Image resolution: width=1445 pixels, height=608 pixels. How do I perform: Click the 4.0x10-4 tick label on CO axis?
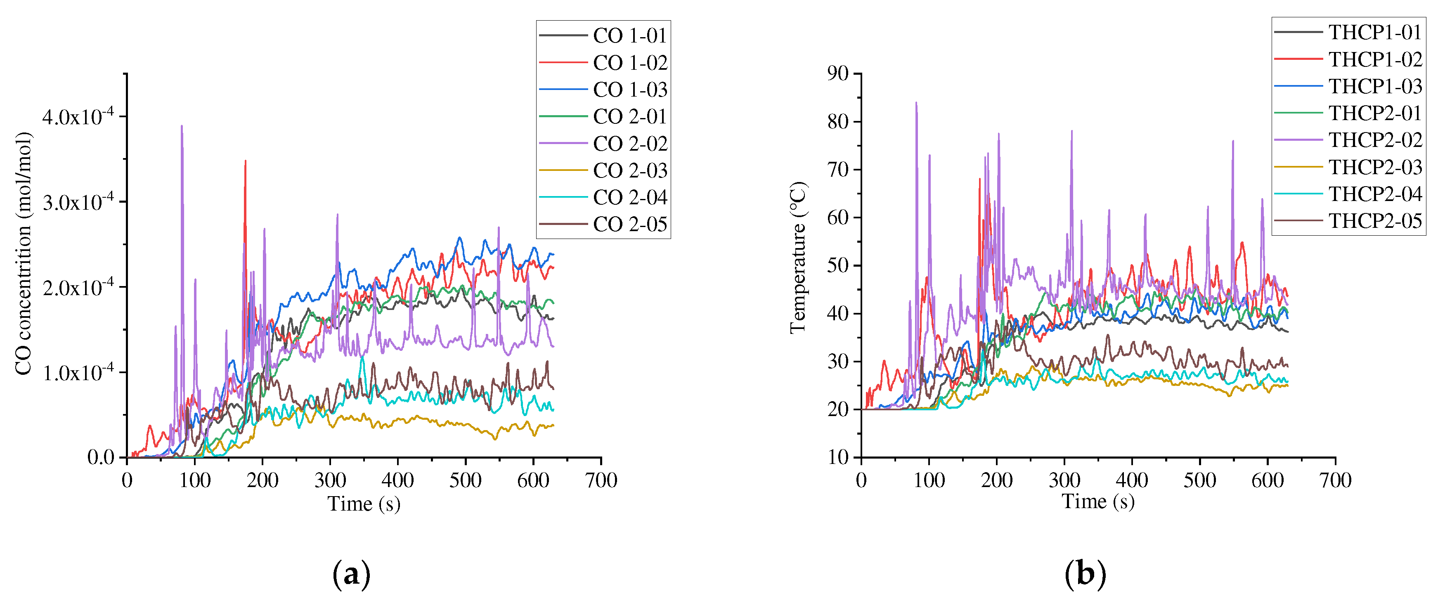pyautogui.click(x=78, y=117)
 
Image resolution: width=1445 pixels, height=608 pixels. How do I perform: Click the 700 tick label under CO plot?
pyautogui.click(x=601, y=481)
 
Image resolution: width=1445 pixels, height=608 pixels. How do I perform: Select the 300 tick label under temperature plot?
pyautogui.click(x=1064, y=481)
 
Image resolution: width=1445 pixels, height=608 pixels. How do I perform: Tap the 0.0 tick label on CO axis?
pyautogui.click(x=101, y=458)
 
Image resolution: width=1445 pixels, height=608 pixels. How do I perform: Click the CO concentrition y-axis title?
pyautogui.click(x=24, y=253)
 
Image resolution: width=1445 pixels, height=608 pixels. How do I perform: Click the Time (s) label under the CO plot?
pyautogui.click(x=364, y=504)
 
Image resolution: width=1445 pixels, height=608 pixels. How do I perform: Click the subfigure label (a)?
pyautogui.click(x=351, y=574)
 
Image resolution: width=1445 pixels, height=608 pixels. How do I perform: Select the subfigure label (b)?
pyautogui.click(x=1085, y=574)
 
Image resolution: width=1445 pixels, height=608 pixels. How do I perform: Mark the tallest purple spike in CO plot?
pyautogui.click(x=182, y=127)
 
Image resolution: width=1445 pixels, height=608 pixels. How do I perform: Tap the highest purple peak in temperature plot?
pyautogui.click(x=916, y=103)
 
